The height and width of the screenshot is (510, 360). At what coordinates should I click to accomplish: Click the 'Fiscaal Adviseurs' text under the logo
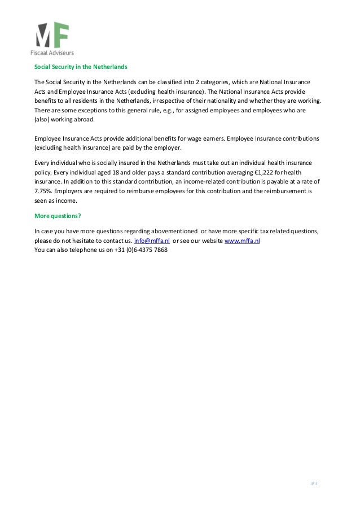click(x=51, y=53)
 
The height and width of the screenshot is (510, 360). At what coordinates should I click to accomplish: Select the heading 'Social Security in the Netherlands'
click(x=81, y=67)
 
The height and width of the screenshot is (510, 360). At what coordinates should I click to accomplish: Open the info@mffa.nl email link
click(x=152, y=241)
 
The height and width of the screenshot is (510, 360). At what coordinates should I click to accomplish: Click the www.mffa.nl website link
click(x=242, y=241)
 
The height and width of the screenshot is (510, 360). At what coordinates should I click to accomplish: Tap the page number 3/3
click(x=314, y=484)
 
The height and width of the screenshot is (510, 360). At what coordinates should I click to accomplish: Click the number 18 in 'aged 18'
click(x=113, y=172)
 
